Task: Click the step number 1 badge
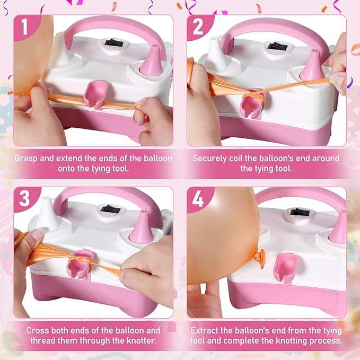click(x=25, y=27)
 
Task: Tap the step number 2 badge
click(x=198, y=27)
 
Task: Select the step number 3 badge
click(x=25, y=199)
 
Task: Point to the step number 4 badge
click(x=198, y=199)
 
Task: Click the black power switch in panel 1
click(x=113, y=43)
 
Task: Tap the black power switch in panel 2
click(x=278, y=46)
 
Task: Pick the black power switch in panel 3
click(x=111, y=209)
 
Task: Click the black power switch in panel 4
click(x=300, y=212)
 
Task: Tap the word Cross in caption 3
click(x=38, y=330)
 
